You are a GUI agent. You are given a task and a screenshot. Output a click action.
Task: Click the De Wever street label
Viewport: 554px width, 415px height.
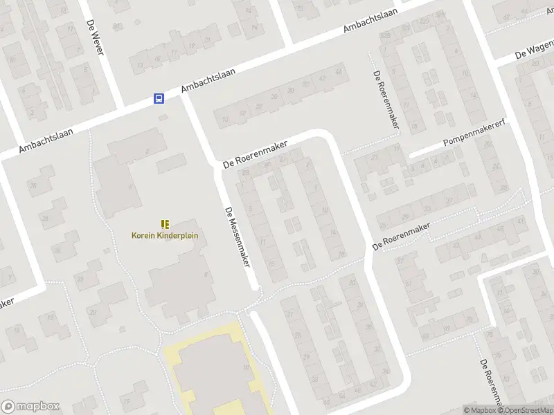point(94,38)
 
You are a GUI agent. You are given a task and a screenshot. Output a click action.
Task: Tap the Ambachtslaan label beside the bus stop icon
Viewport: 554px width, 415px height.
point(208,80)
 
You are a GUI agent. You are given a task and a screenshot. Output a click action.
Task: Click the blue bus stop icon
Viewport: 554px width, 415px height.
point(159,99)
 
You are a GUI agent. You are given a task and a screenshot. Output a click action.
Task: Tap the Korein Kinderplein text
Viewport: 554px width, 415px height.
point(165,235)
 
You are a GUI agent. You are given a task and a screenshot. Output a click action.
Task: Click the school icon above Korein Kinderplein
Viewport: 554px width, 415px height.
point(165,223)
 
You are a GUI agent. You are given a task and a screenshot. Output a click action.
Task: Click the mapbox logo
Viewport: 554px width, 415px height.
point(30,406)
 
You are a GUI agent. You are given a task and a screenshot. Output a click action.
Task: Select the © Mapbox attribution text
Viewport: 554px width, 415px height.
point(479,410)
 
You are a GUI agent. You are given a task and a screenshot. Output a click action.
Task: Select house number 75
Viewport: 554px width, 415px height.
point(490,335)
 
